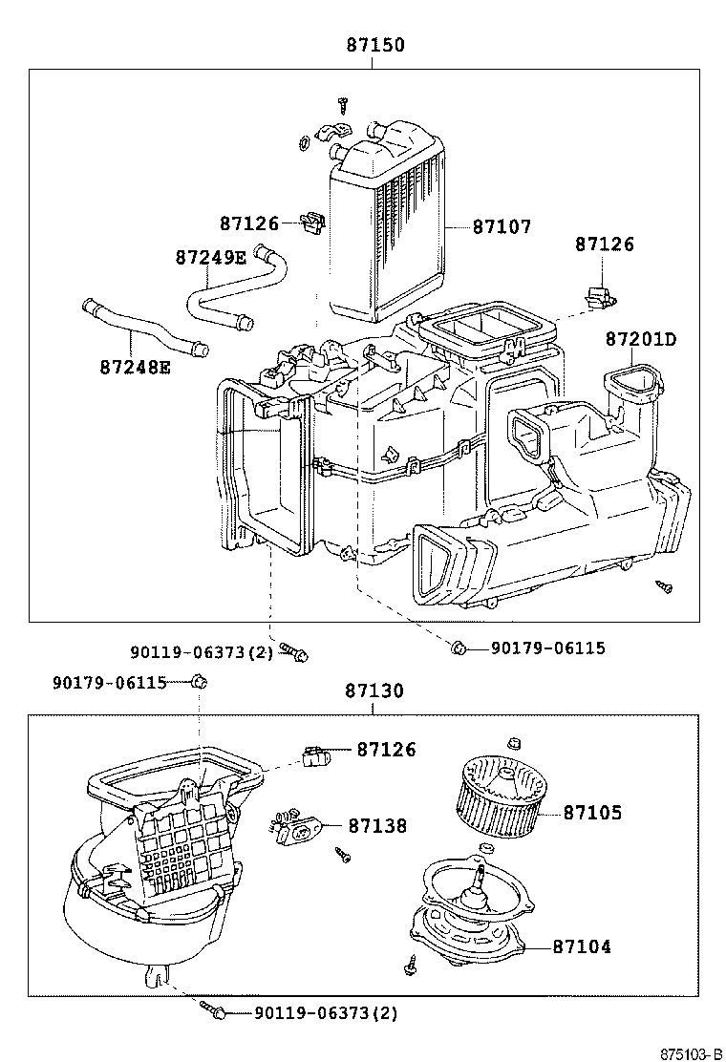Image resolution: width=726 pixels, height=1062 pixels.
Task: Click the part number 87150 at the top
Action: point(375,45)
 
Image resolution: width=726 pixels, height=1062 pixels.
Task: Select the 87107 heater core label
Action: point(502,226)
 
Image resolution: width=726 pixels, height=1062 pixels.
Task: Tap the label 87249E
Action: point(211,257)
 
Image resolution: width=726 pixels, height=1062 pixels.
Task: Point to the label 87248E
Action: point(136,367)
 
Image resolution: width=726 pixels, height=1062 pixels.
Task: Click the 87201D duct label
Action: point(641,339)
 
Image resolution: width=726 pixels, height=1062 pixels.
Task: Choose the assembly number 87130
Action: point(374,690)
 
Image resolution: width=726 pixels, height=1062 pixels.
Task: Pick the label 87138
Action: point(378,825)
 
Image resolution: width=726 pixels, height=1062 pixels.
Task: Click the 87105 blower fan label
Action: point(592,812)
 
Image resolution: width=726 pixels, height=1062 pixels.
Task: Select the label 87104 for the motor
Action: point(582,946)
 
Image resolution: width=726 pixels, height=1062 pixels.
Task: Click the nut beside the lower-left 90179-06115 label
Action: point(199,681)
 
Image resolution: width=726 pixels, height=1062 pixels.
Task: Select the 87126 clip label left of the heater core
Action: point(249,223)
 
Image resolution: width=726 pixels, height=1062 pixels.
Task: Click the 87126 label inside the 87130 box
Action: point(386,749)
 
